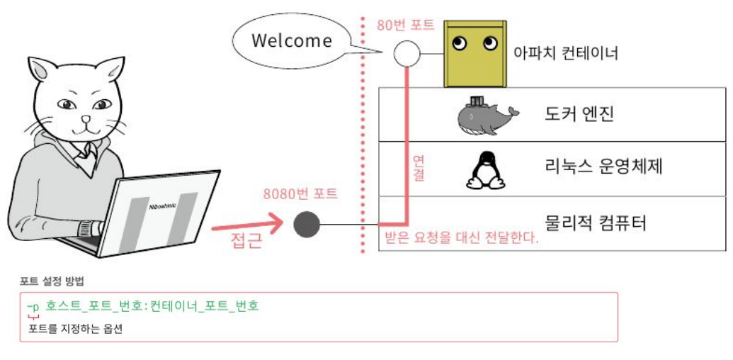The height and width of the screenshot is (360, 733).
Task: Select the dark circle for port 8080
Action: (x=307, y=225)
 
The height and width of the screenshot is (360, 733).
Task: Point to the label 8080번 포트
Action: (x=300, y=193)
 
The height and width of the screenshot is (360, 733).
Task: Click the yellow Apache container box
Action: (x=475, y=54)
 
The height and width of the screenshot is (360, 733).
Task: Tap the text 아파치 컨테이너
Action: (x=567, y=53)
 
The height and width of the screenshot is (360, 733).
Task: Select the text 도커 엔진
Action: (x=579, y=113)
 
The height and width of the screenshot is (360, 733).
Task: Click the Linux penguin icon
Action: (x=485, y=169)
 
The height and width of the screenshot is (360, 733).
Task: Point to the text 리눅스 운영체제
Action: (x=604, y=169)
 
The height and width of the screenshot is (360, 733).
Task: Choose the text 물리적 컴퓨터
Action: (x=596, y=224)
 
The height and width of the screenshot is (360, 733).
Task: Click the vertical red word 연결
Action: (x=418, y=169)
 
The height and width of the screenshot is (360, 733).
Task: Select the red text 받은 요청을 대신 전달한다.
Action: (x=461, y=237)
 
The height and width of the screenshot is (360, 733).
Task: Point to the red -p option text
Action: (x=33, y=306)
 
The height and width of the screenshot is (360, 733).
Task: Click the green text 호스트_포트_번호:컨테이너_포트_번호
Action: (x=152, y=306)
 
